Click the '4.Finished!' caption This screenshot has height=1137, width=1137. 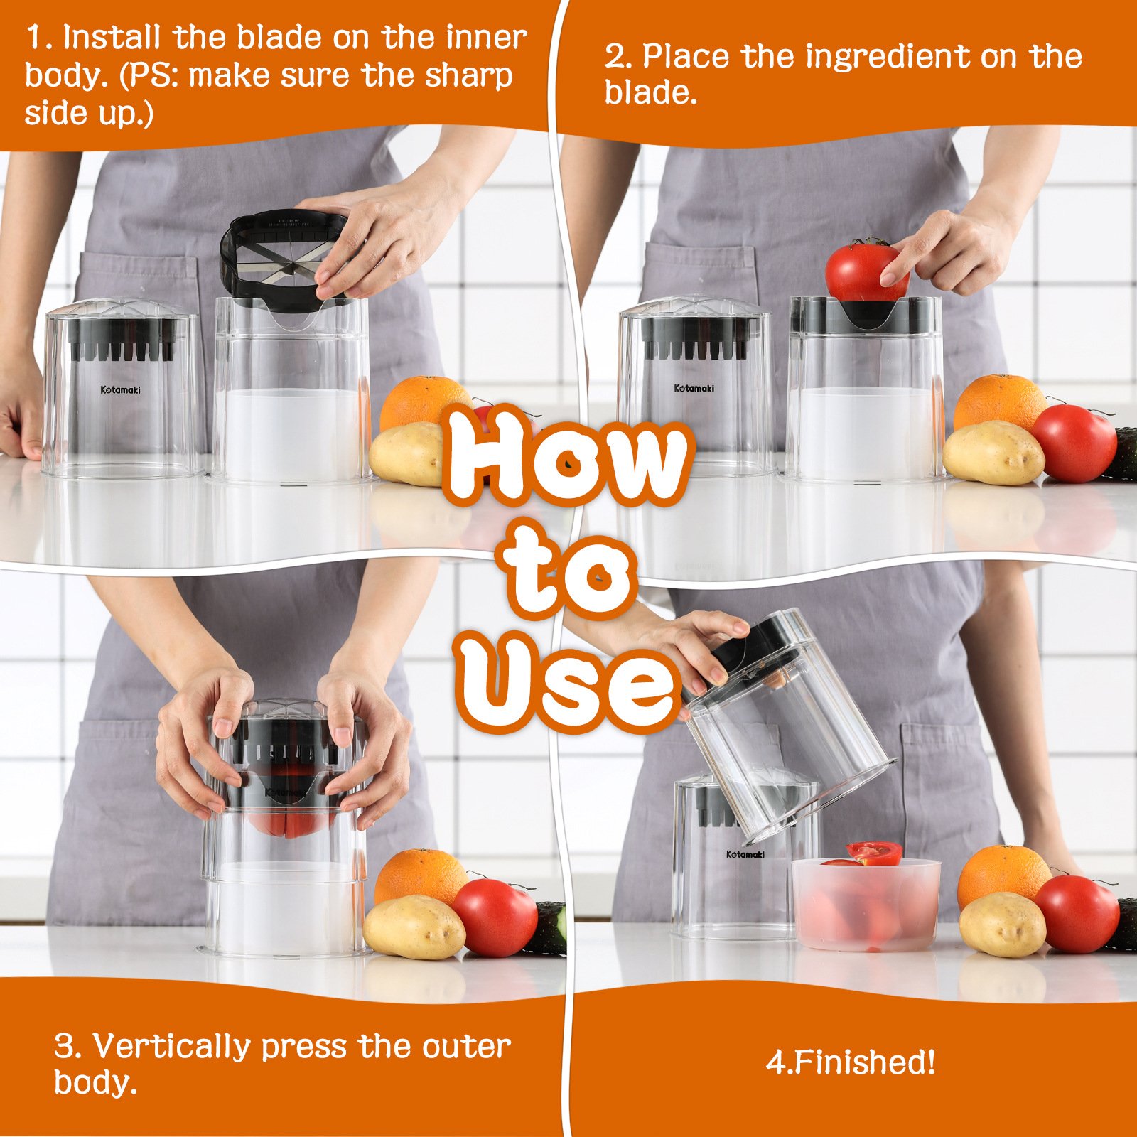click(851, 1062)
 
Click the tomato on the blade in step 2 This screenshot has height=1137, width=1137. click(863, 270)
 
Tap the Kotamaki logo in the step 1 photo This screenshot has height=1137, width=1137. click(120, 389)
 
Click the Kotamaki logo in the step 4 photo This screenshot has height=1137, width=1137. click(745, 854)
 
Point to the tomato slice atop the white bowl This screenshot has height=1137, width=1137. click(874, 851)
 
